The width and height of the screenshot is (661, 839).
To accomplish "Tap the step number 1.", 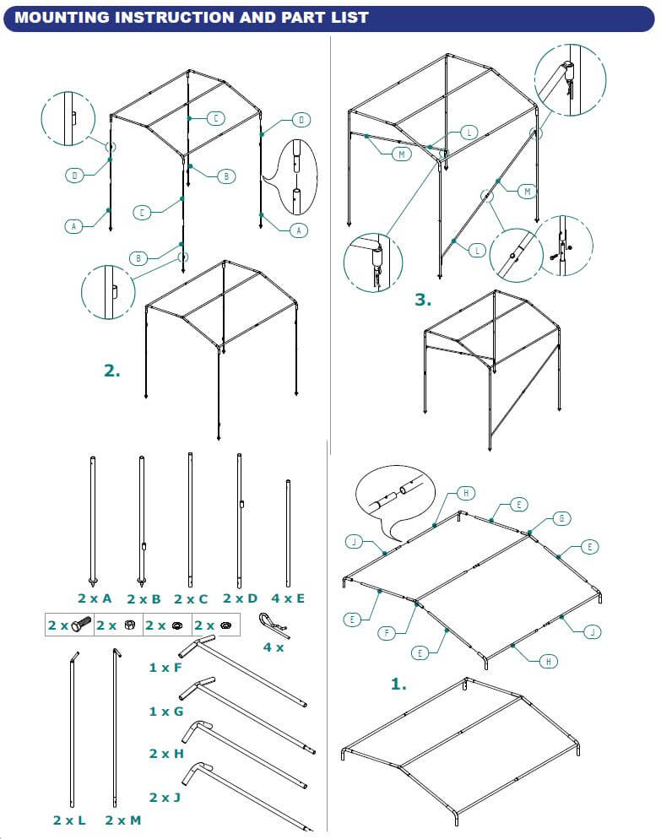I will pyautogui.click(x=399, y=684).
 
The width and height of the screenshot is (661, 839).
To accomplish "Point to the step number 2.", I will pyautogui.click(x=112, y=370).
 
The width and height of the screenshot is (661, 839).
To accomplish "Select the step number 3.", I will pyautogui.click(x=423, y=299).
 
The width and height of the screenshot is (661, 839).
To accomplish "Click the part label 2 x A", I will pyautogui.click(x=95, y=598).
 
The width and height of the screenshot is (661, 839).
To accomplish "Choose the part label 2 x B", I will pyautogui.click(x=144, y=598).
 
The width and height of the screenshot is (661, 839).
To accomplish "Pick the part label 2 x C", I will pyautogui.click(x=191, y=598).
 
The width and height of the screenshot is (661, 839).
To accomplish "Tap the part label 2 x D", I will pyautogui.click(x=239, y=598).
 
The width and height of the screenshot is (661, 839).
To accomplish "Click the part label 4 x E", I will pyautogui.click(x=288, y=598).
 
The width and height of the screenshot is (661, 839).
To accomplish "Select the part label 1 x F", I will pyautogui.click(x=165, y=668).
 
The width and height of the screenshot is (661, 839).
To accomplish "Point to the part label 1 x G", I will pyautogui.click(x=165, y=712).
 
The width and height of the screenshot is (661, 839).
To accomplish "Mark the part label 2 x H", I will pyautogui.click(x=166, y=753).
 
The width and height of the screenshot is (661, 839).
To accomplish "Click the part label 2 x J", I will pyautogui.click(x=166, y=797).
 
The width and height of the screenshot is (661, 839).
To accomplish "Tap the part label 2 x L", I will pyautogui.click(x=68, y=820).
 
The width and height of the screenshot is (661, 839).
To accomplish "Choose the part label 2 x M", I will pyautogui.click(x=122, y=820).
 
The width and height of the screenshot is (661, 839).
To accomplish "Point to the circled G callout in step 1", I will pyautogui.click(x=558, y=518).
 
